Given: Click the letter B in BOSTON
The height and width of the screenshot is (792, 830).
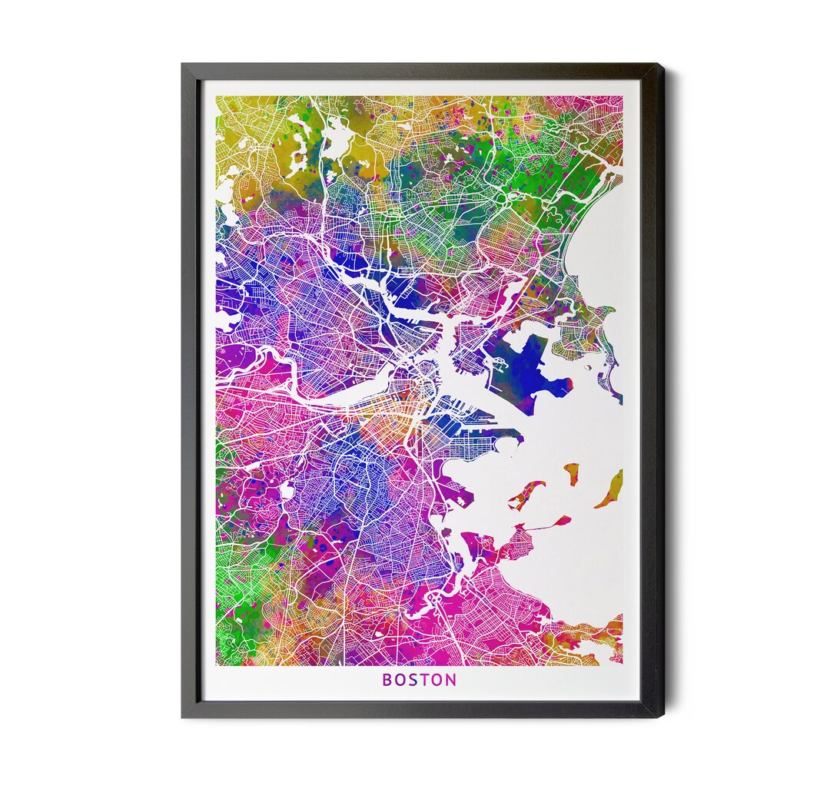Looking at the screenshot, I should (x=387, y=680).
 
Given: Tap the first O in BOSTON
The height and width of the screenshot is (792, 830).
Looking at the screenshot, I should (x=400, y=680).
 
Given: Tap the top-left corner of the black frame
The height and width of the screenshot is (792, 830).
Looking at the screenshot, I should (x=183, y=65).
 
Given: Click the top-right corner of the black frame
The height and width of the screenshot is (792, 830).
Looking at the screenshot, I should (x=663, y=65).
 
